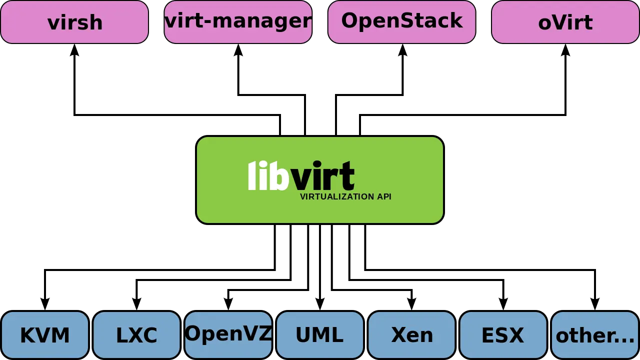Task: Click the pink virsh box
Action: click(74, 22)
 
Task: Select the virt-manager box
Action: click(238, 22)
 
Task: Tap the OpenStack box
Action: click(401, 22)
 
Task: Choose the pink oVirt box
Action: click(565, 22)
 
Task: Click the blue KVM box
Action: click(45, 335)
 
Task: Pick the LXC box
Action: click(136, 335)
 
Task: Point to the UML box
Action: click(319, 335)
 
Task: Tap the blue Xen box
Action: click(411, 335)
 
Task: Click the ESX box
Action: click(503, 335)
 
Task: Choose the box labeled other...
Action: click(595, 335)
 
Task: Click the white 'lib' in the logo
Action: click(268, 176)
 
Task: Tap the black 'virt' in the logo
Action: click(323, 176)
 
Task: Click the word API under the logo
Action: click(384, 197)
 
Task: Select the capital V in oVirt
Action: click(559, 22)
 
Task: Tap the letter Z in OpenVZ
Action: click(265, 333)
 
